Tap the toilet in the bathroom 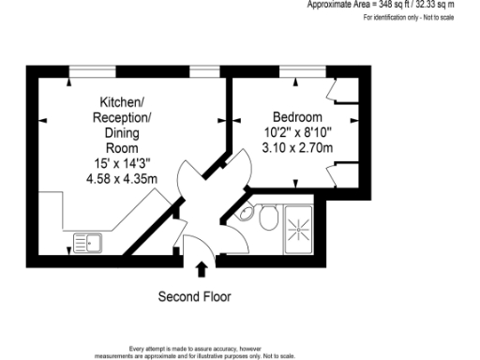pyautogui.click(x=266, y=219)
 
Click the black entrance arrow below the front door pyautogui.click(x=200, y=269)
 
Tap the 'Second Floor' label pyautogui.click(x=193, y=297)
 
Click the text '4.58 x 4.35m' pyautogui.click(x=121, y=178)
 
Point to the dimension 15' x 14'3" pyautogui.click(x=121, y=163)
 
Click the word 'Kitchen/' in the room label pyautogui.click(x=121, y=101)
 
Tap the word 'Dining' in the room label pyautogui.click(x=121, y=132)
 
